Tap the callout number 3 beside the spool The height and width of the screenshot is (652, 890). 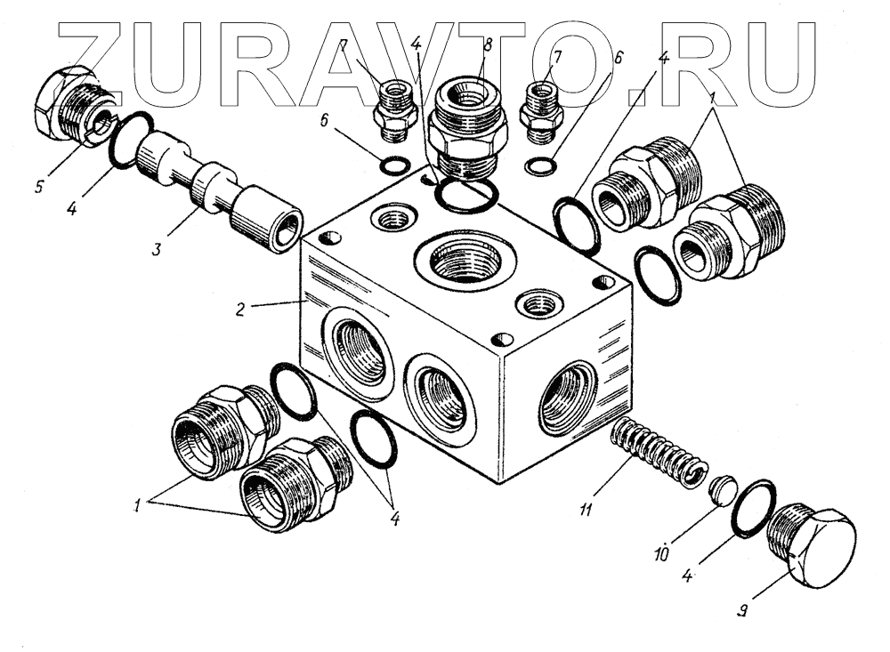click(x=157, y=248)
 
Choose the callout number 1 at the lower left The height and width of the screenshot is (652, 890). click(x=139, y=504)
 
